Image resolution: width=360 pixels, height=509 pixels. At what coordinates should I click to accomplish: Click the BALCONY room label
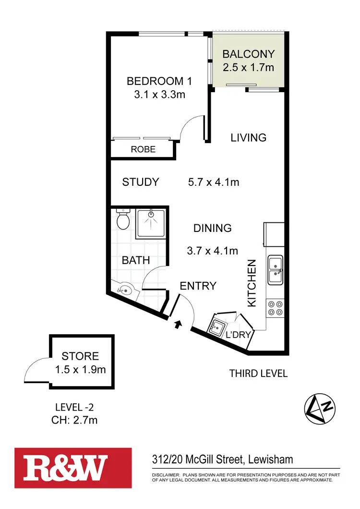coord(248,54)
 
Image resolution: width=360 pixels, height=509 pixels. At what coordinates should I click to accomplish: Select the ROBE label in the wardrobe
coord(143,149)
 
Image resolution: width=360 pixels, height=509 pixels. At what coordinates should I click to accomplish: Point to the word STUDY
coord(140,182)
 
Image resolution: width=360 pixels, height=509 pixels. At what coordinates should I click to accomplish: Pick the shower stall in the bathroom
coord(151,224)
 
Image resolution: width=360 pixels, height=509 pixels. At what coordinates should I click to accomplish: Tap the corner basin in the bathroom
coord(125,290)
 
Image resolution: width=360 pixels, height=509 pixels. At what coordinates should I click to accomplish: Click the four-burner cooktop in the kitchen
coord(276,307)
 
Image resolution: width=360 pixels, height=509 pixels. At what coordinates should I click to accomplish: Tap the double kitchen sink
coord(276,269)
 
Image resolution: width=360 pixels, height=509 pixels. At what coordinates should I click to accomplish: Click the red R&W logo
coord(73,467)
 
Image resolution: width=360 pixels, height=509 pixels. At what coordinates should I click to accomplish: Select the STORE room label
coord(80,356)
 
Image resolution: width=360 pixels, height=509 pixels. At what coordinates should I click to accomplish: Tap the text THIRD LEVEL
coord(258,373)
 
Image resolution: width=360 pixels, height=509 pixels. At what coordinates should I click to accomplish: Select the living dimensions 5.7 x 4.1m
coord(213,182)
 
